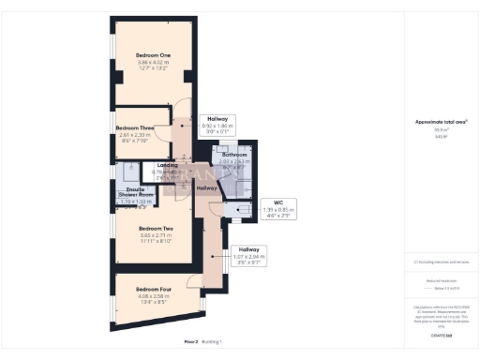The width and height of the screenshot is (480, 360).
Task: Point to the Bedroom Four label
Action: point(153,289)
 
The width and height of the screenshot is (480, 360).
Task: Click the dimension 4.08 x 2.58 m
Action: point(153,295)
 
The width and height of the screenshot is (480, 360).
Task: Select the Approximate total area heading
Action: point(442,123)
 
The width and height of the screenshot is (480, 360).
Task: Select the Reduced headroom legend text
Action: point(442,280)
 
